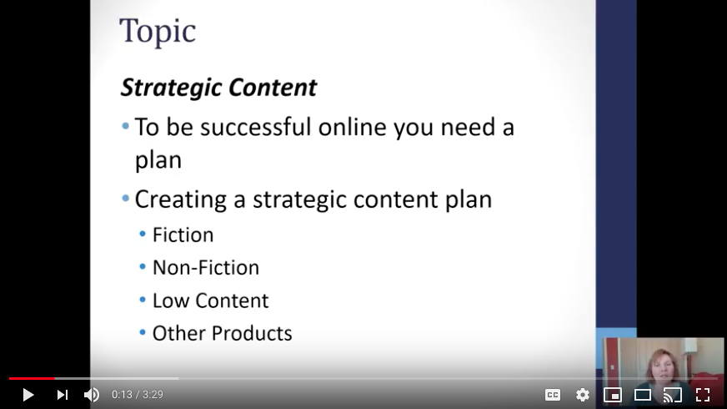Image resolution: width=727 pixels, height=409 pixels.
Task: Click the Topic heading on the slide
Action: click(x=158, y=31)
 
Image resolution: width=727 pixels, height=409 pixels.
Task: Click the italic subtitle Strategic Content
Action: click(x=218, y=88)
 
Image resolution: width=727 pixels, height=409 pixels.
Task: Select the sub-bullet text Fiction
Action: click(x=183, y=235)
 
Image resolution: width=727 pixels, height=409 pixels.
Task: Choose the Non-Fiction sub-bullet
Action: click(x=205, y=267)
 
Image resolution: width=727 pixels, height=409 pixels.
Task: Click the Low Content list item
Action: click(x=210, y=300)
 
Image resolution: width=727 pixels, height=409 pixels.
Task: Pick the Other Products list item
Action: click(x=222, y=333)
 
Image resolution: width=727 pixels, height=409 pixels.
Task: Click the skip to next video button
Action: click(x=63, y=395)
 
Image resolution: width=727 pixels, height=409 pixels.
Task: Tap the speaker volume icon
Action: click(x=92, y=395)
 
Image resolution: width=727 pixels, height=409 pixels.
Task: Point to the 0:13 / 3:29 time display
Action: click(x=138, y=395)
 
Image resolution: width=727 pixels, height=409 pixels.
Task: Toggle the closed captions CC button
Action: click(x=553, y=395)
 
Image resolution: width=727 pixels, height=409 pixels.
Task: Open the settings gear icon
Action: click(x=583, y=395)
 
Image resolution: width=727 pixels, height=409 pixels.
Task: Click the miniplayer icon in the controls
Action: click(x=613, y=395)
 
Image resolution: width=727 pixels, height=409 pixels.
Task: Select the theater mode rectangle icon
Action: click(x=643, y=395)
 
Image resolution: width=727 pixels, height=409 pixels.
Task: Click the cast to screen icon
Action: click(x=672, y=395)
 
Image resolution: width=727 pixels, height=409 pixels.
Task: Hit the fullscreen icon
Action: click(x=703, y=395)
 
